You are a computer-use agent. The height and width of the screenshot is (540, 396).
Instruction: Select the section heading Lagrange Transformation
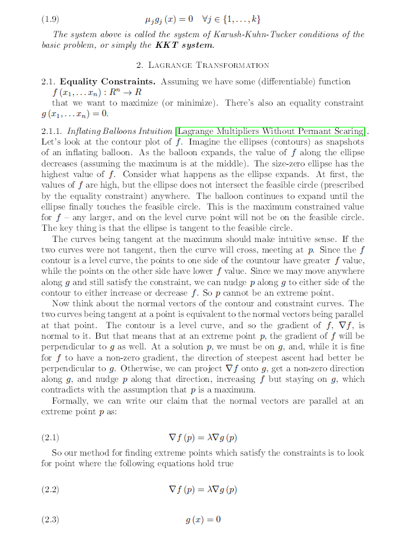pyautogui.click(x=202, y=66)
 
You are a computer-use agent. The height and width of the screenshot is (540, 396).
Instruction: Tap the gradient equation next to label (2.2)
pyautogui.click(x=202, y=490)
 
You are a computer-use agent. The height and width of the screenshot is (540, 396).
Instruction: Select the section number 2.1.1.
pyautogui.click(x=52, y=132)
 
